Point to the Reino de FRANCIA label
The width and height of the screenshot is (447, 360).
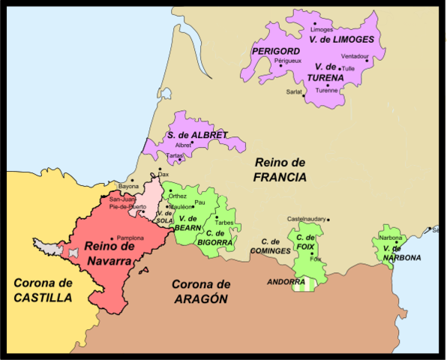coord(280,170)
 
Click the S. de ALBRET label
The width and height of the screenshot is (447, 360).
coord(197,135)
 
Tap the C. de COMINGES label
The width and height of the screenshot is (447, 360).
coord(269,246)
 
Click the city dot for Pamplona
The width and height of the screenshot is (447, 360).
coord(111,237)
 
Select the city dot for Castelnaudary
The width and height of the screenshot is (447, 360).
coord(328,219)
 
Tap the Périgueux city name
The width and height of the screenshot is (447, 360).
coord(288,59)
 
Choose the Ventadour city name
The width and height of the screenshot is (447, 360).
coord(355,56)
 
